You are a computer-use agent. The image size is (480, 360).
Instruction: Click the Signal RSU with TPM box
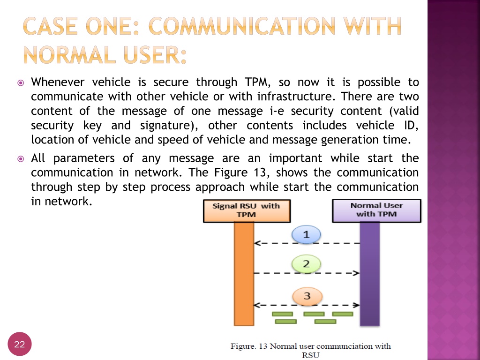coord(247,211)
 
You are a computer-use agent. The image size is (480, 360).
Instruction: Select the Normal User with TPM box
coord(377,210)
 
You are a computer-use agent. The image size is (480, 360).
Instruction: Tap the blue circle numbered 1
coord(307,234)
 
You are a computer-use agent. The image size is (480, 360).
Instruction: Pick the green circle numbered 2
coord(307,263)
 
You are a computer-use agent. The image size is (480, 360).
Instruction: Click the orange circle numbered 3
coord(307,296)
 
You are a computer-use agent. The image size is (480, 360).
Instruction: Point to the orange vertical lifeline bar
coord(244,274)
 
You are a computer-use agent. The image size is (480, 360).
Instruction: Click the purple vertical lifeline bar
coord(370,274)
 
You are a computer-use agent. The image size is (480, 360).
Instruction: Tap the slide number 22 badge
coord(20,344)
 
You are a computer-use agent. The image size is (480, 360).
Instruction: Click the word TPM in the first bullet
coord(257,82)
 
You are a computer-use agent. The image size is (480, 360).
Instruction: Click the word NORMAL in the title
coord(69,55)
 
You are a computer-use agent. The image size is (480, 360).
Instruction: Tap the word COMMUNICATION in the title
coord(241,26)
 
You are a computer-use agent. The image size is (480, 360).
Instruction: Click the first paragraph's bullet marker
coord(21,82)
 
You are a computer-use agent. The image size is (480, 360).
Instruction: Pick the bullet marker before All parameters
coord(21,158)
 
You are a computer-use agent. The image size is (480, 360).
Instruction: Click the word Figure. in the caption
coord(243,346)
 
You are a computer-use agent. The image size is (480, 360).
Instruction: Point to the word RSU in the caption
coord(311,355)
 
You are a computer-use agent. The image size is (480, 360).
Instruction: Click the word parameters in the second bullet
coord(84,158)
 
